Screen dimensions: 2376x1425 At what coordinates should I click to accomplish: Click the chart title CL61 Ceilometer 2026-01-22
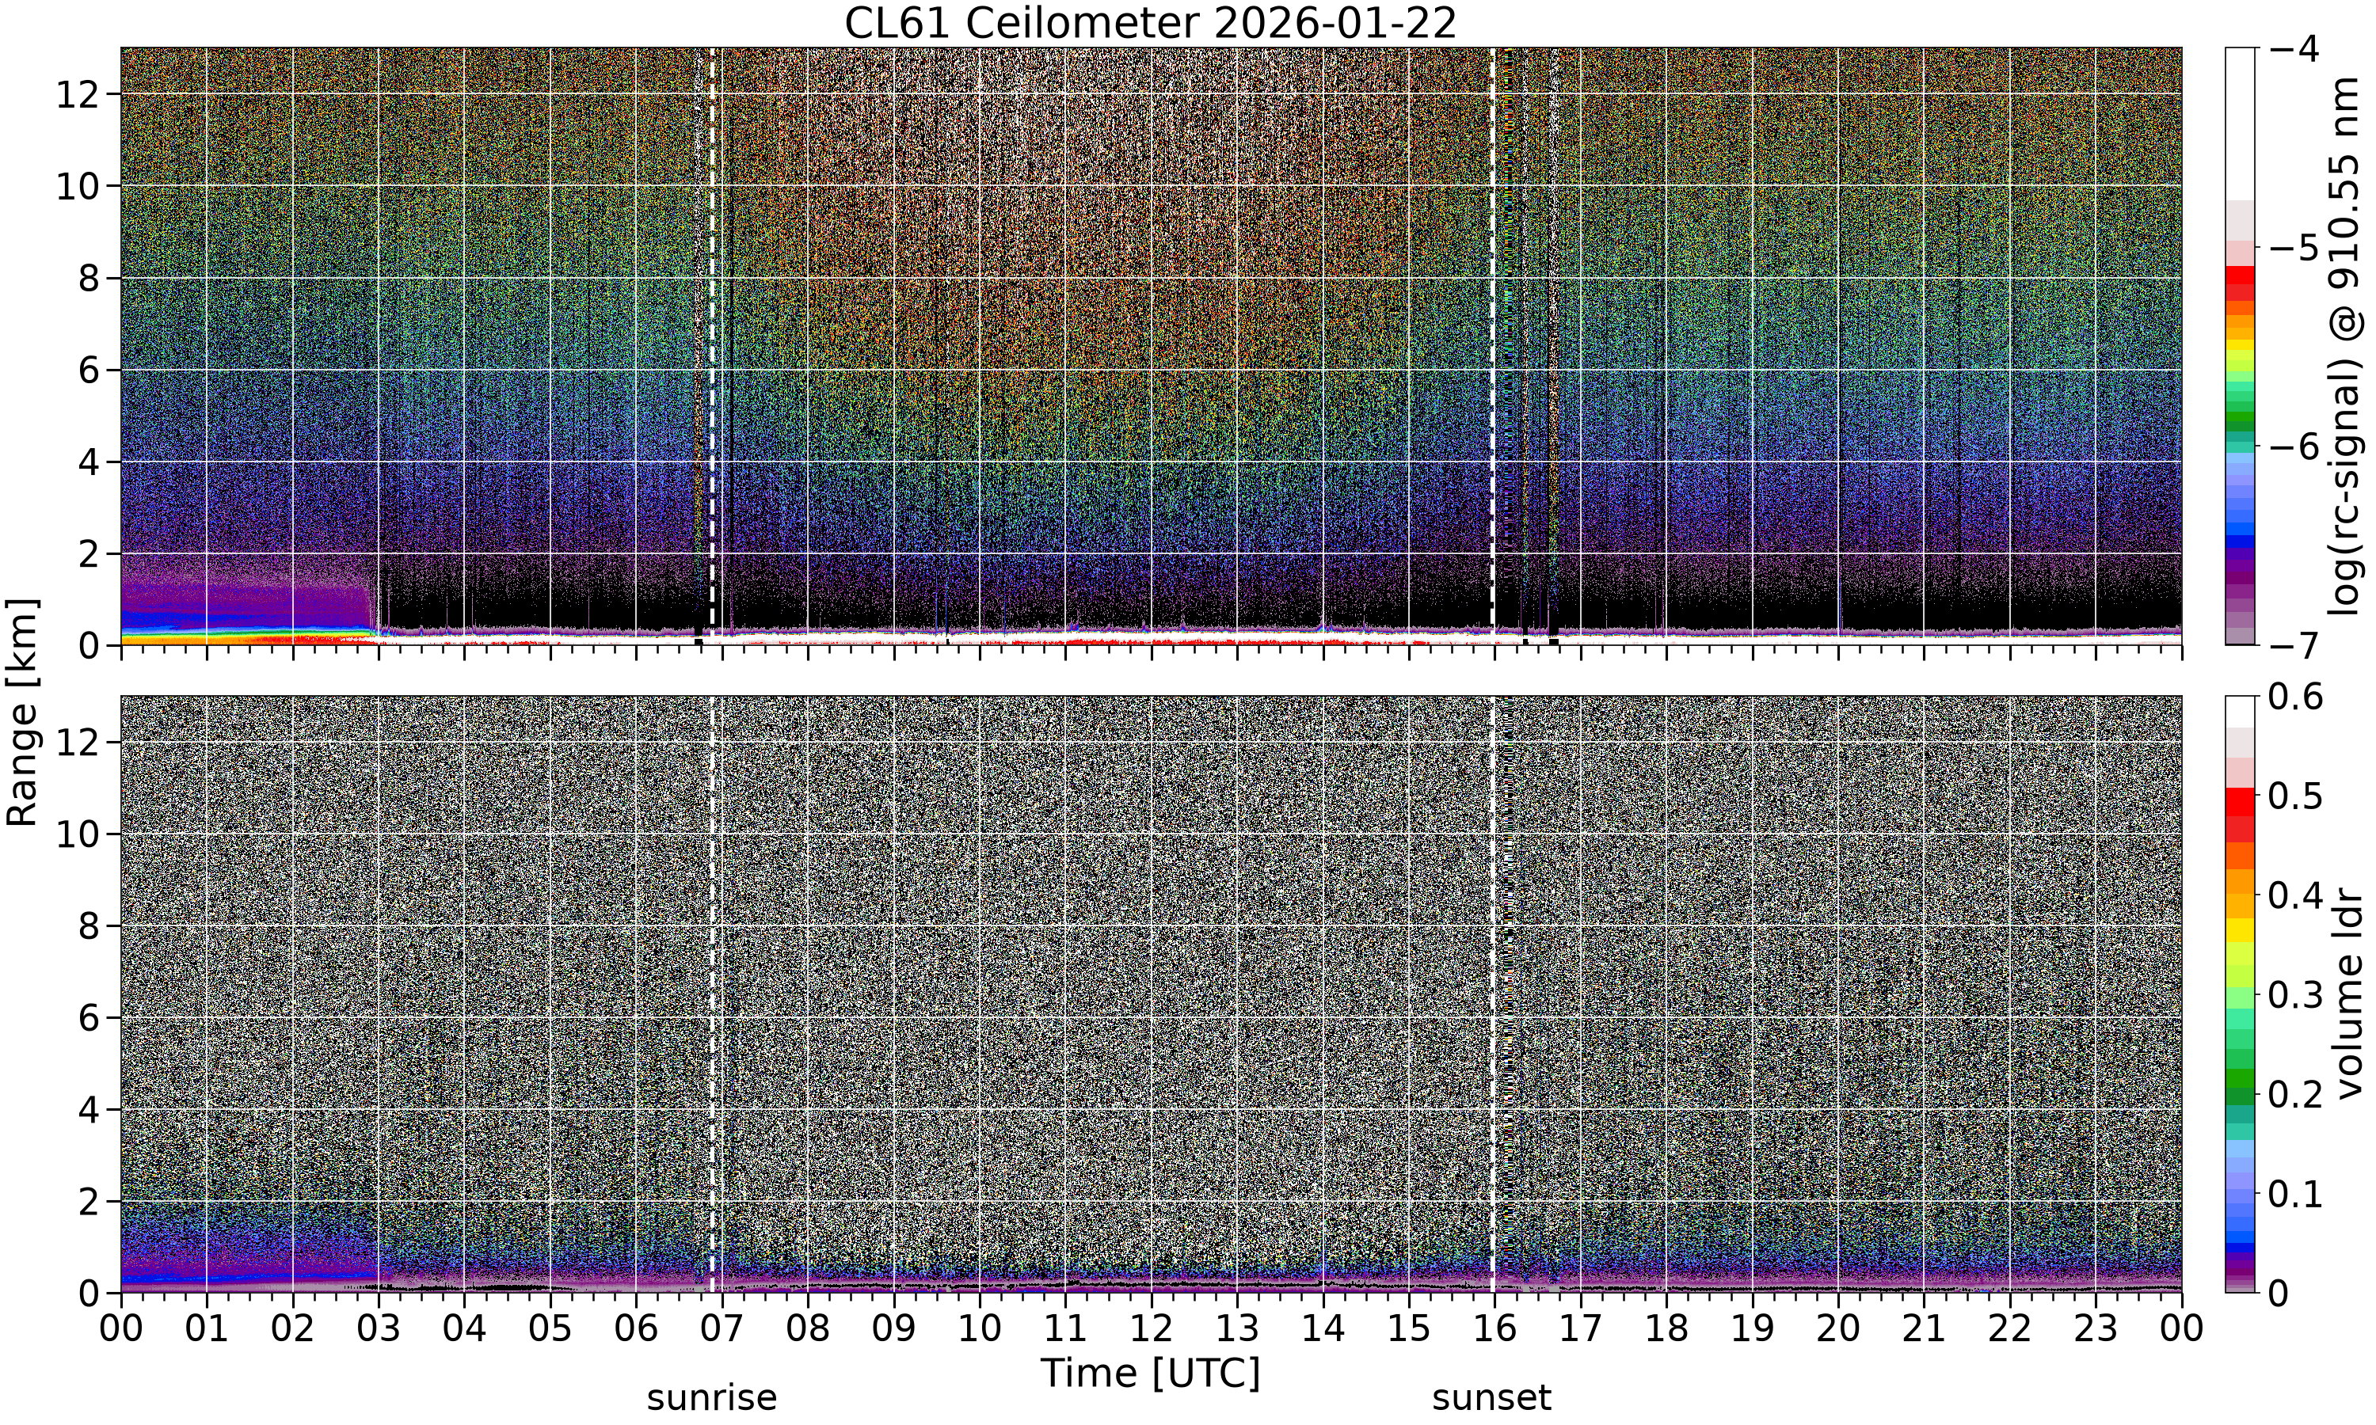coord(1151,23)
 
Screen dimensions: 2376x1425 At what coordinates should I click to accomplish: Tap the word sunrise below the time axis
coord(712,1398)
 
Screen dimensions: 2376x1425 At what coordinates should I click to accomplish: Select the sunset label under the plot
coord(1491,1398)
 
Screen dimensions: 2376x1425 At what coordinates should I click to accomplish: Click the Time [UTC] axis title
coord(1151,1374)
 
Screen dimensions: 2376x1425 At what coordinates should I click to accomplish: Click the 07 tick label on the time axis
coord(722,1329)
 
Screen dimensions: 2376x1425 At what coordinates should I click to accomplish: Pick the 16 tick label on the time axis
coord(1495,1329)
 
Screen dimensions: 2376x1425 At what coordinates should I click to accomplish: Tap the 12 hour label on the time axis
coord(1151,1329)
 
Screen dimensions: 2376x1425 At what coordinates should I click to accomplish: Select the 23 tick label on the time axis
coord(2096,1329)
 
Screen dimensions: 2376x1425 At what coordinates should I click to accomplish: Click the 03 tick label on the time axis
coord(379,1329)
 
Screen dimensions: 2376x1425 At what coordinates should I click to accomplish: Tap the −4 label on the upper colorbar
coord(2294,48)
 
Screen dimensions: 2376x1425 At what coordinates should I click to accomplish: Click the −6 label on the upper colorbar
coord(2294,446)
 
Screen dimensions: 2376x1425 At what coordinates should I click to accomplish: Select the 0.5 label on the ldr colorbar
coord(2295,796)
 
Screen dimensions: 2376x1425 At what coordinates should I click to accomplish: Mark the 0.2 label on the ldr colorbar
coord(2295,1094)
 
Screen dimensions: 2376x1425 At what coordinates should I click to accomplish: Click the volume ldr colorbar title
coord(2349,994)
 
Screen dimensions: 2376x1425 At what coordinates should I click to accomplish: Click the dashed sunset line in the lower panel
coord(1491,994)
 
